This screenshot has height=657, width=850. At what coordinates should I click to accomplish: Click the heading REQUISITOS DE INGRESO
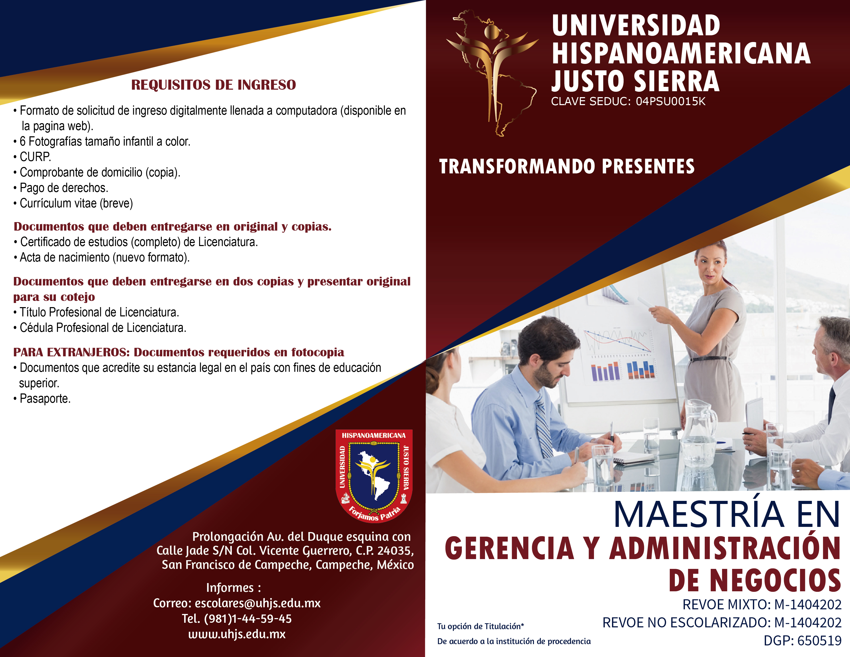213,85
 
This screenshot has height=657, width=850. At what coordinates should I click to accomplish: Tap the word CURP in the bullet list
35,157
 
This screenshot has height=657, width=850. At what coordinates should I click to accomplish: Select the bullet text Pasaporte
45,399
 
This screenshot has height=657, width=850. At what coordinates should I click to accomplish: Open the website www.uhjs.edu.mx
237,634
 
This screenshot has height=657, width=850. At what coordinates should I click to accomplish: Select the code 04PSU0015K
670,102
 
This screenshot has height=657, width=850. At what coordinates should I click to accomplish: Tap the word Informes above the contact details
229,587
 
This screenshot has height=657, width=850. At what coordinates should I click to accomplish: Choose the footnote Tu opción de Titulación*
480,626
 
